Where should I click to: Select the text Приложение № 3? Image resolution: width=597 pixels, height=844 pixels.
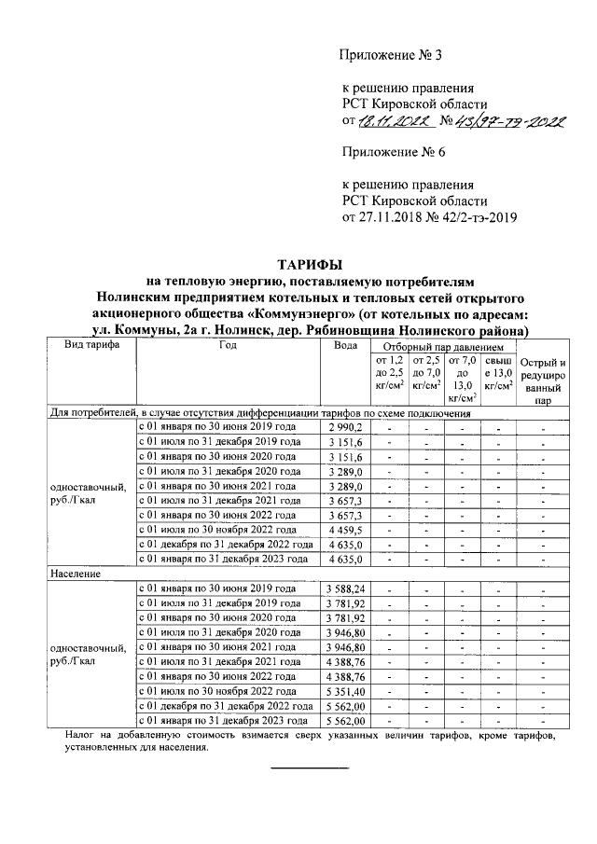pyautogui.click(x=392, y=56)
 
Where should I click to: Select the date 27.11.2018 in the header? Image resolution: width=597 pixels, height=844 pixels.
pyautogui.click(x=395, y=218)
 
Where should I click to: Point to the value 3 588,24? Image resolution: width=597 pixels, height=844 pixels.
pyautogui.click(x=345, y=588)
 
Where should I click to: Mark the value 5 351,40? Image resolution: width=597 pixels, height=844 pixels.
pyautogui.click(x=345, y=692)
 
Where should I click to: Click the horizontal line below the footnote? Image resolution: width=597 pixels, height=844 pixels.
pyautogui.click(x=309, y=768)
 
